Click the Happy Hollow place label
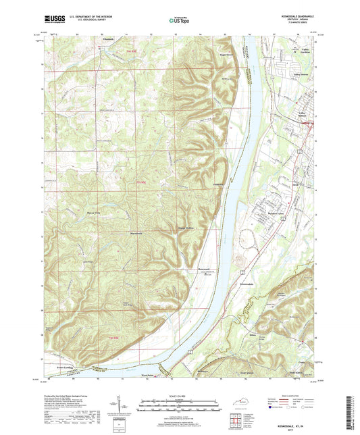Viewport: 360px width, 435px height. coord(186,228)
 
